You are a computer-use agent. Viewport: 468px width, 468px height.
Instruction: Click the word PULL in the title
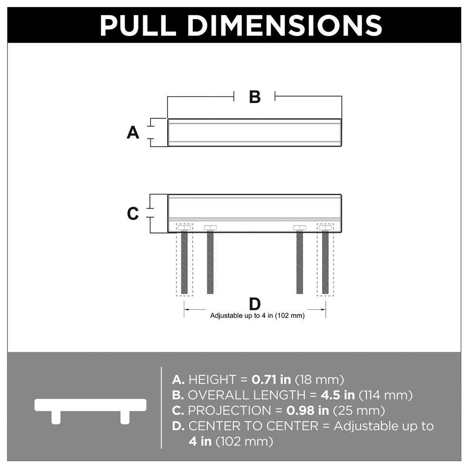point(138,25)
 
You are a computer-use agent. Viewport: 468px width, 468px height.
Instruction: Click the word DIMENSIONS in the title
point(285,25)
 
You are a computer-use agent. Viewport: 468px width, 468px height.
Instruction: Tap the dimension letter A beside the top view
point(133,132)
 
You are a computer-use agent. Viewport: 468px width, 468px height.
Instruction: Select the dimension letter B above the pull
point(255,97)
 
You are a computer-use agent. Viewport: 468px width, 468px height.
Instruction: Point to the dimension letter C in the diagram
point(133,214)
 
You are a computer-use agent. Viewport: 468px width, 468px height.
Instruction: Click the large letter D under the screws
point(255,304)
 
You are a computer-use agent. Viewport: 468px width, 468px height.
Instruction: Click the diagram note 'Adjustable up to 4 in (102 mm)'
point(257,316)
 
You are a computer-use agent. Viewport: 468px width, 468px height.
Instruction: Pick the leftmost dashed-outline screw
point(184,259)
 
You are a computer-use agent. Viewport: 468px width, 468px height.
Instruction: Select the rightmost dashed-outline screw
point(325,259)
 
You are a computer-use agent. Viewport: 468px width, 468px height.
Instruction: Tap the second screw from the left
point(210,259)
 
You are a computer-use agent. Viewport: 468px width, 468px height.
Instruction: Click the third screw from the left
point(300,259)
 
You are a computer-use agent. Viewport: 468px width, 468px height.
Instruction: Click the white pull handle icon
point(90,411)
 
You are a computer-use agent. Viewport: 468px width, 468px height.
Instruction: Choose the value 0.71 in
point(271,380)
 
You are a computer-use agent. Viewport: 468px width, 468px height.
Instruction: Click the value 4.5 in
point(338,395)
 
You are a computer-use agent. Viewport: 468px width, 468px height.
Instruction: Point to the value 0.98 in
point(308,411)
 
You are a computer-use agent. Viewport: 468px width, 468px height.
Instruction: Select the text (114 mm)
point(386,395)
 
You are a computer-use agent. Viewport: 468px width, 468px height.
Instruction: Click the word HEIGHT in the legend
point(212,380)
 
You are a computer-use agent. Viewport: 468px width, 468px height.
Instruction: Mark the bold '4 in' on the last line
point(200,441)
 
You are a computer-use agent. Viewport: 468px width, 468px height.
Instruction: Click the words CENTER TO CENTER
point(253,426)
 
